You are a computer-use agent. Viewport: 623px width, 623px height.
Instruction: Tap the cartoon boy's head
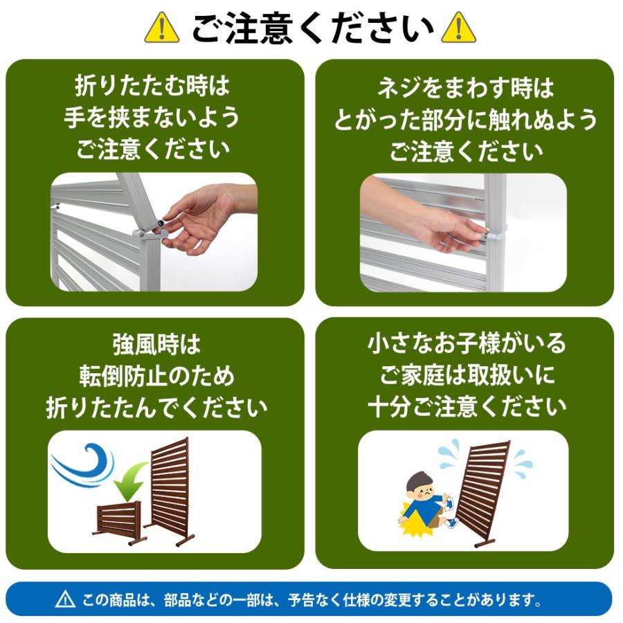click(418, 489)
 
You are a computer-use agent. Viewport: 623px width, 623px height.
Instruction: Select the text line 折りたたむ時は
click(152, 88)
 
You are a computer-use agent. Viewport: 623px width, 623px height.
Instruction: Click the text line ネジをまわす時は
click(464, 88)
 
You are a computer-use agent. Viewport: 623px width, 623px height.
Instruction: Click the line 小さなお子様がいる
click(465, 344)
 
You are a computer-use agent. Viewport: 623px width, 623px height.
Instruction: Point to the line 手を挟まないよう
click(152, 118)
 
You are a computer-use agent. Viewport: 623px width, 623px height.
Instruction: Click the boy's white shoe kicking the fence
click(448, 504)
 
